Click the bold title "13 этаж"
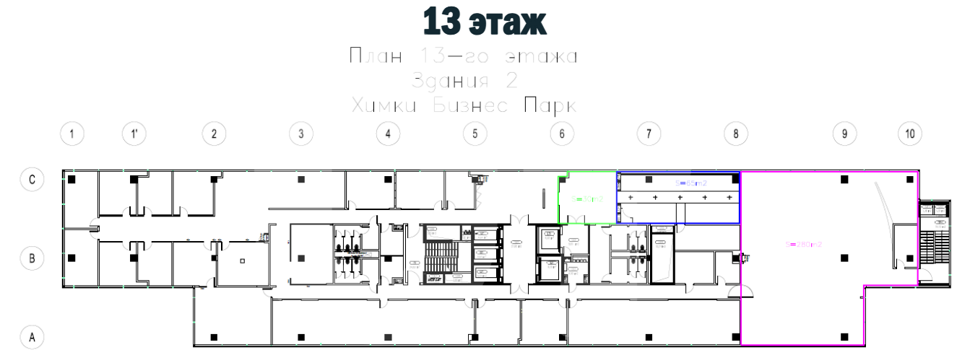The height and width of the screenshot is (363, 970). coord(484,22)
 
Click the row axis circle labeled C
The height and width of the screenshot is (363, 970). coord(31,178)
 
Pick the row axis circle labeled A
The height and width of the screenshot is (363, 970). coord(31,336)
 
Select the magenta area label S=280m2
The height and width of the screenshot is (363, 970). coord(804,244)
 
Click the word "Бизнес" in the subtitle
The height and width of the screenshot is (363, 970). coord(469,105)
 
